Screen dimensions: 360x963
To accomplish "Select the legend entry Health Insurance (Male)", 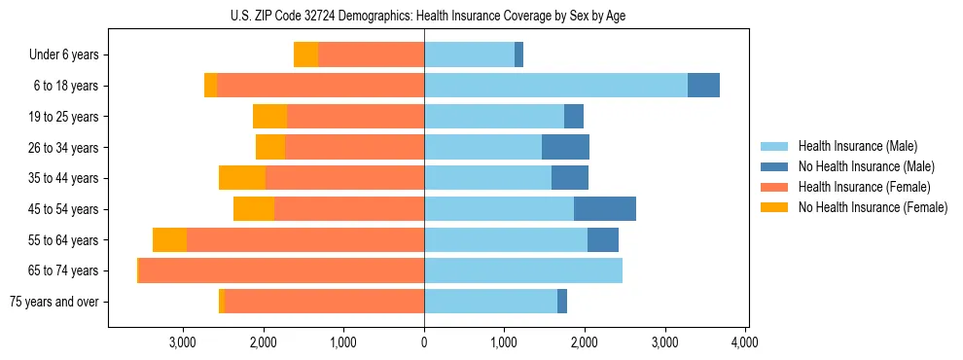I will pos(857,146).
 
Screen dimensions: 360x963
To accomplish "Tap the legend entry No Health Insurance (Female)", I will pos(873,207).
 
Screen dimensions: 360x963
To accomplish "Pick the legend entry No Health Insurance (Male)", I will pos(866,166).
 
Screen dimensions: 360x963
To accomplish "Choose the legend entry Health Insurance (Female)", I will pos(864,187).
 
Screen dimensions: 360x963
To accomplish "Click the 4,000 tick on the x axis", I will pos(744,342).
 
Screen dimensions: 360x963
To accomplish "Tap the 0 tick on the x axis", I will pos(424,342).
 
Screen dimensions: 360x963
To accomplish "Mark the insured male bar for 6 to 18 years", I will pos(555,86).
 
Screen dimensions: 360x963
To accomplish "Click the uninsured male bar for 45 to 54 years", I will pos(604,209).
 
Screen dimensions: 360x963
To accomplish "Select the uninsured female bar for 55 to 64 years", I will pos(169,240).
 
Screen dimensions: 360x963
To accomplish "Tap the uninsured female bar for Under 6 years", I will pos(305,55).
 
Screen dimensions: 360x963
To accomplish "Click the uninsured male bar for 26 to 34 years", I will pos(565,148).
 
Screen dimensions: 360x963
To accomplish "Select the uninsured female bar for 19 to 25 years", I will pos(269,117).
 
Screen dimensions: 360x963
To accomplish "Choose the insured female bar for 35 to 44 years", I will pos(344,178).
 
